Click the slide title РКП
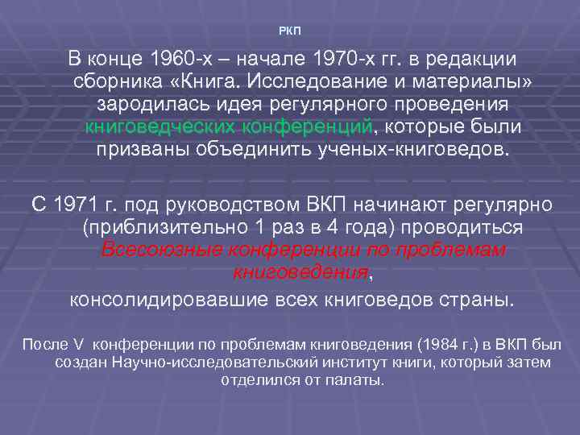coord(289,31)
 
